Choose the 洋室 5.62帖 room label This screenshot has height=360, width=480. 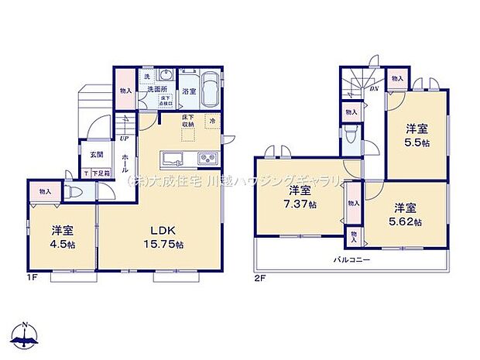click(406, 214)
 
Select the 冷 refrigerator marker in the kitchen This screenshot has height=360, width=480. click(211, 122)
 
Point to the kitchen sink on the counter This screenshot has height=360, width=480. click(172, 159)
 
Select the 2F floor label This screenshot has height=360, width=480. click(260, 276)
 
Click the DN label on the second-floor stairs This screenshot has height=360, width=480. click(374, 89)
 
